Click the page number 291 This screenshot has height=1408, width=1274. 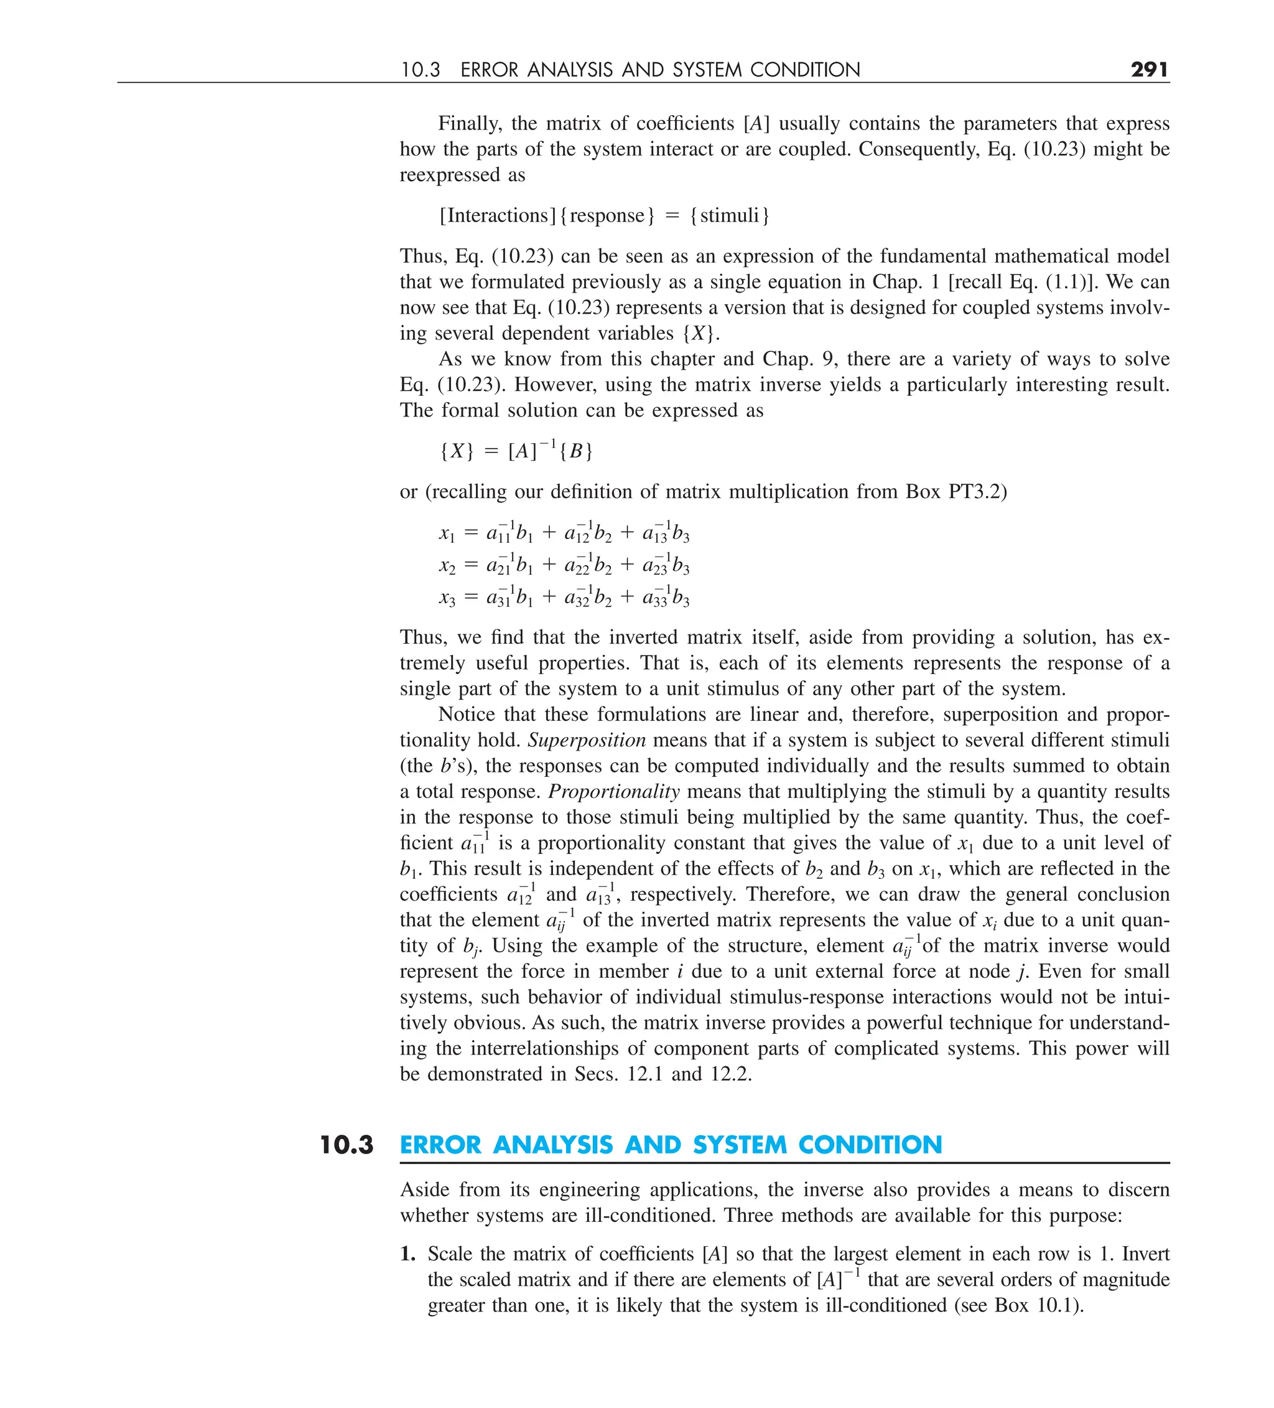[x=1149, y=69]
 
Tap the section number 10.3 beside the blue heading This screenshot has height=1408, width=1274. [x=347, y=1145]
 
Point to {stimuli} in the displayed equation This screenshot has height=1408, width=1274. [x=730, y=215]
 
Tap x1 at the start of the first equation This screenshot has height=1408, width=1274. [x=447, y=533]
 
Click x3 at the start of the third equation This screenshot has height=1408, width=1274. [x=447, y=598]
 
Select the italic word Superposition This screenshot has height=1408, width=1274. [x=587, y=740]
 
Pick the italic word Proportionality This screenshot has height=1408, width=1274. [x=613, y=791]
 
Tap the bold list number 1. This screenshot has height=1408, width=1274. [x=407, y=1254]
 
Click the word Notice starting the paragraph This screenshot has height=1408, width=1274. [x=464, y=715]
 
